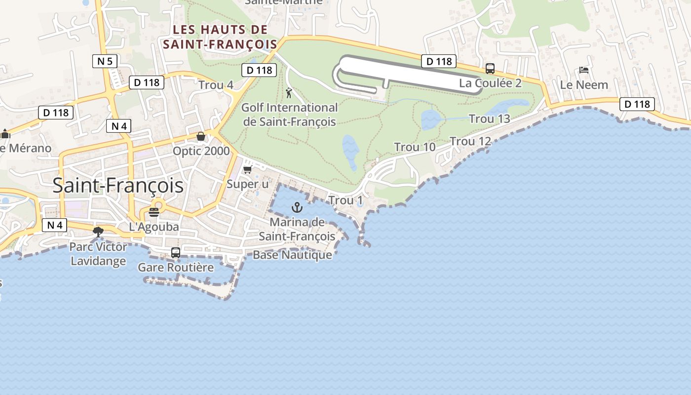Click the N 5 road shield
[x=105, y=61]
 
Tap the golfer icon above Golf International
[x=289, y=92]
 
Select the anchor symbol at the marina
[x=297, y=207]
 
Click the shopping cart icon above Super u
[x=248, y=169]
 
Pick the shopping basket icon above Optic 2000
[x=201, y=136]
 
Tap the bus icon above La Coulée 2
[x=490, y=69]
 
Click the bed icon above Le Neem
[x=584, y=70]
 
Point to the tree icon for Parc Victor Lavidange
[x=98, y=231]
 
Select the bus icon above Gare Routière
[x=176, y=253]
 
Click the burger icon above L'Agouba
[x=154, y=212]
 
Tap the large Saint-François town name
[x=118, y=186]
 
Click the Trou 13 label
[x=489, y=118]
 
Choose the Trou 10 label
[x=415, y=147]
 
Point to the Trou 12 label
[x=470, y=141]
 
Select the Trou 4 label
[x=216, y=85]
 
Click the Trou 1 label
[x=345, y=200]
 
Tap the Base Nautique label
[x=292, y=255]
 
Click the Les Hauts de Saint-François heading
[x=220, y=37]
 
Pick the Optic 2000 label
[x=201, y=151]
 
